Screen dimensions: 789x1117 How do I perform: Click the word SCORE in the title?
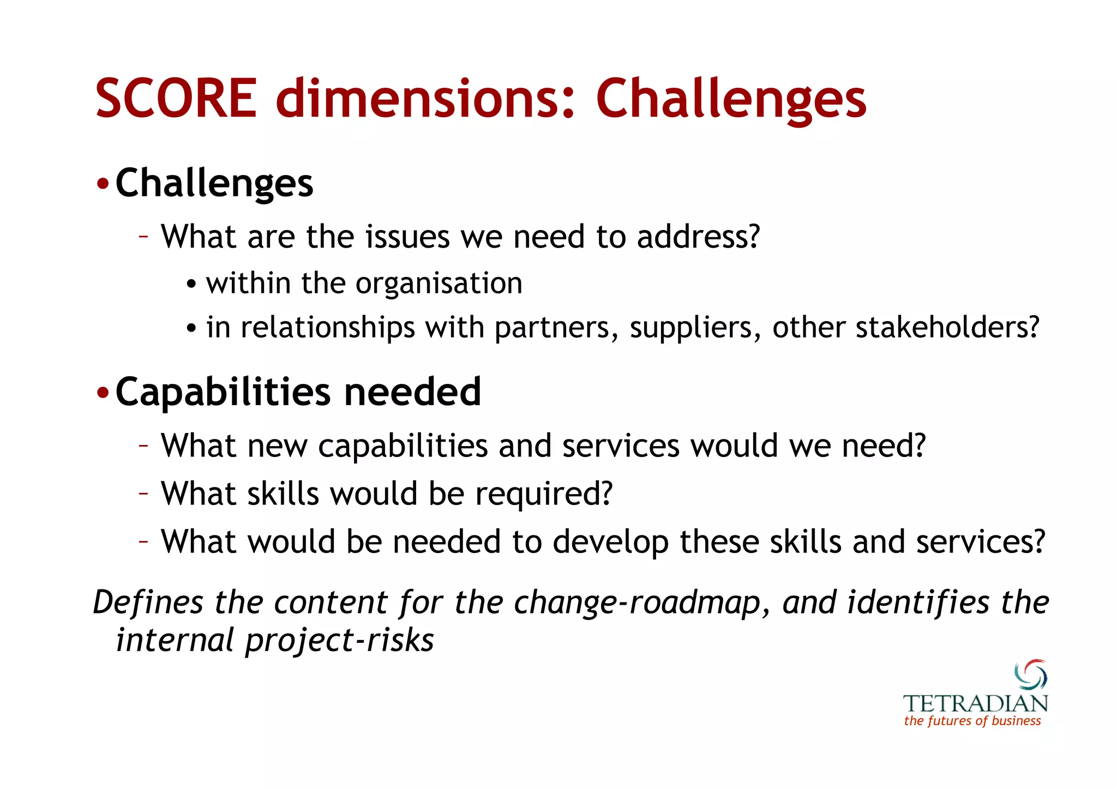point(176,99)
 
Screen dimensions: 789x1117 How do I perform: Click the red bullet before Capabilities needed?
point(103,393)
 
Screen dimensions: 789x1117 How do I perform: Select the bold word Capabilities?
point(223,393)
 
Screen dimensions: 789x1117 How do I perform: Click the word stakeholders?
point(947,328)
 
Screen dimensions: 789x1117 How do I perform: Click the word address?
point(698,237)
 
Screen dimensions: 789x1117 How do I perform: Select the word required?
point(544,495)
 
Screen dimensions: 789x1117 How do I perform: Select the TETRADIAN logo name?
point(975,703)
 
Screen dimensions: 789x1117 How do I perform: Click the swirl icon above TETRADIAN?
point(1030,674)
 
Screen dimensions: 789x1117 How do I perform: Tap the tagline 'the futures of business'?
point(972,721)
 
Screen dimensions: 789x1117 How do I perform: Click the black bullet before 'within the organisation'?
point(191,285)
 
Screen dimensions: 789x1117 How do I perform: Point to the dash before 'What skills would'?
point(143,493)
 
